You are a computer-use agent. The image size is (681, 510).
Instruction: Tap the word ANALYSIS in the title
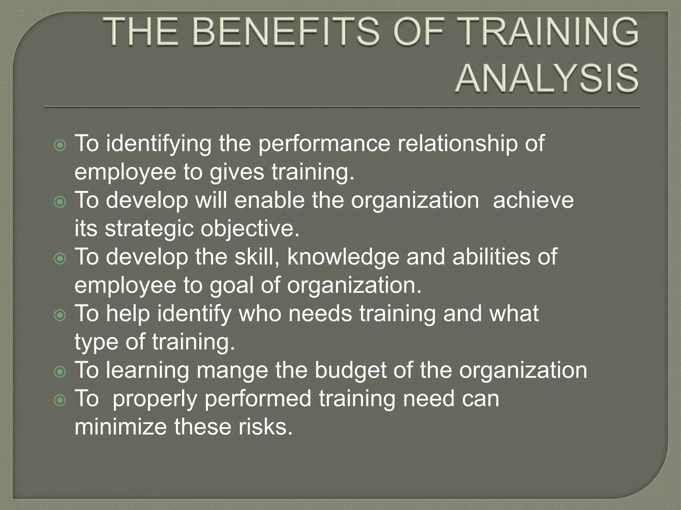[547, 79]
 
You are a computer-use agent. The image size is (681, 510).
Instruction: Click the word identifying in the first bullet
[159, 144]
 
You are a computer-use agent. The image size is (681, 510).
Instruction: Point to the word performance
[324, 144]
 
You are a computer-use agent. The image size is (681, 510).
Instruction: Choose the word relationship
[458, 144]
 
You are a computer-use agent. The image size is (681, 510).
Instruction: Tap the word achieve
[533, 200]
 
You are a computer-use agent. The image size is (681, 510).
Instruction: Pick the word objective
[250, 229]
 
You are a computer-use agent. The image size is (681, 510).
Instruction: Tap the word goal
[231, 285]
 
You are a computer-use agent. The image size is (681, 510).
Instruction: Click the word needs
[320, 313]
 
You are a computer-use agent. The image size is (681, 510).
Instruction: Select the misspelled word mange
[232, 370]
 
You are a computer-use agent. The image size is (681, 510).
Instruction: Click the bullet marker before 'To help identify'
[60, 315]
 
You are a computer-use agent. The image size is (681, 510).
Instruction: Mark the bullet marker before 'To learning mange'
[60, 372]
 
